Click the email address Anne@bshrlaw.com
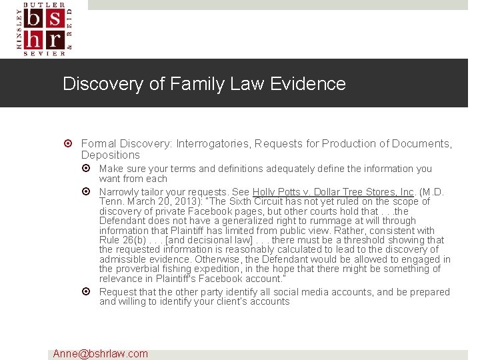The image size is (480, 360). (x=101, y=353)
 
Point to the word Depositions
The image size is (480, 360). (x=111, y=155)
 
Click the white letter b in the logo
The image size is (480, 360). (x=35, y=21)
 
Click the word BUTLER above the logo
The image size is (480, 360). (x=45, y=4)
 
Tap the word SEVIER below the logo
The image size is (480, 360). (x=45, y=53)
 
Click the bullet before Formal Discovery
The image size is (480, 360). (x=69, y=144)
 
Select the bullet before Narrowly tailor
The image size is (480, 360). (x=87, y=192)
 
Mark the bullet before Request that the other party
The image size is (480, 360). (x=87, y=292)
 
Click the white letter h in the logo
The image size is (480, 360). (x=35, y=39)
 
